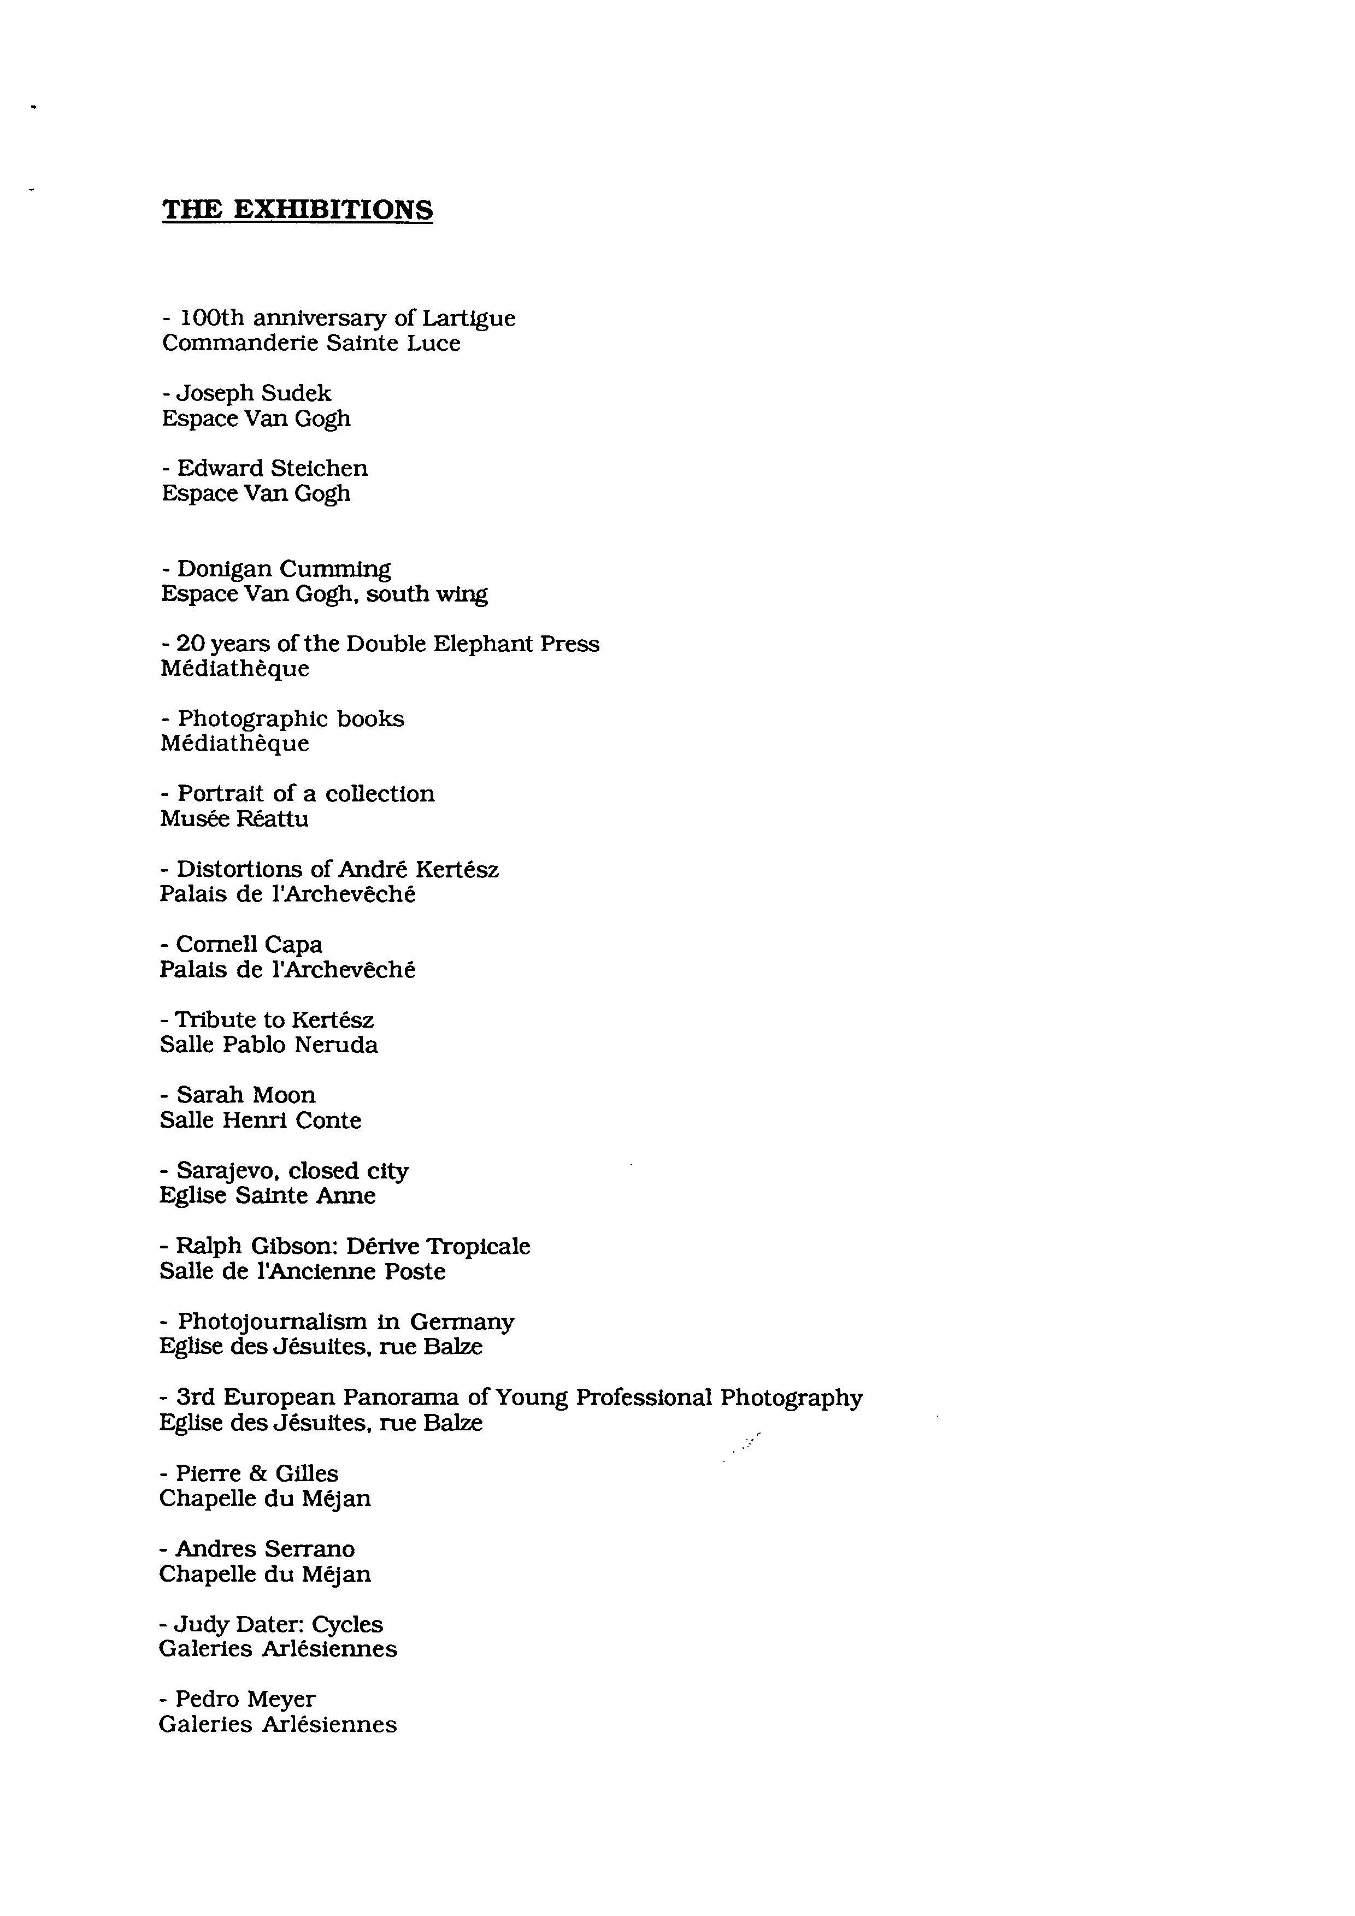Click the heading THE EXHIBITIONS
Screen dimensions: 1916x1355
tap(297, 209)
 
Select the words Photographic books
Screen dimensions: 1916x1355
tap(290, 720)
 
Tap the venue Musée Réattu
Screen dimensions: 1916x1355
tap(234, 820)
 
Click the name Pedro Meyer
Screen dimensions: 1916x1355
tap(245, 1699)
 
